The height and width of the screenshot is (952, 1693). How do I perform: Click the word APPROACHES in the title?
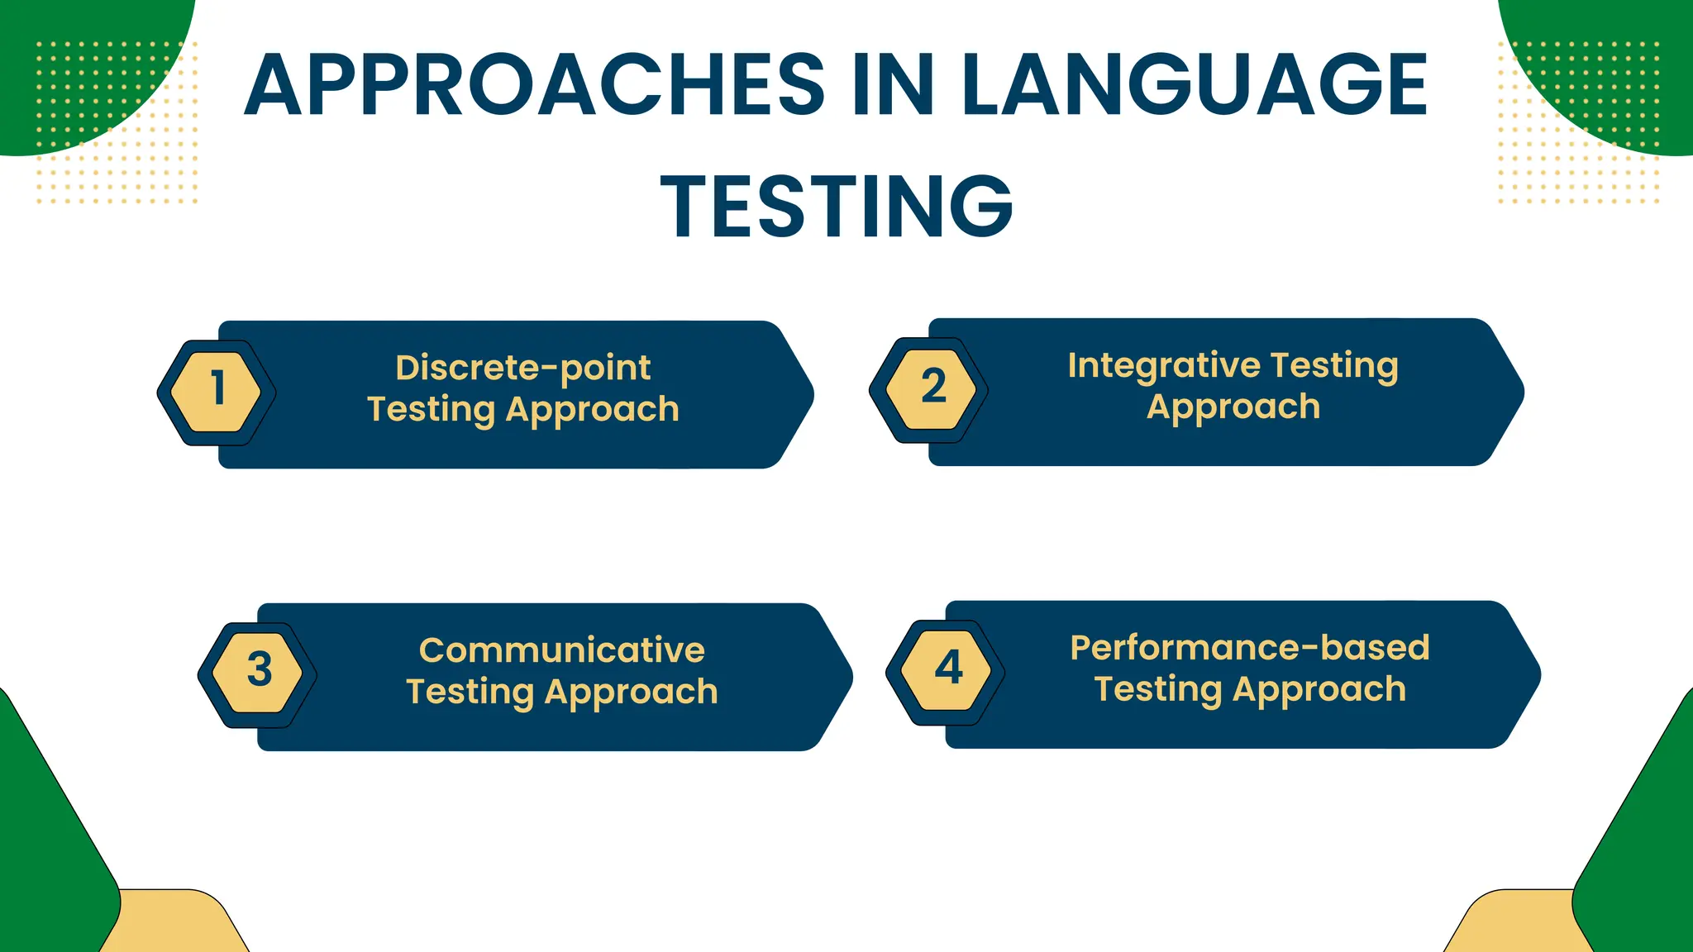[x=534, y=85]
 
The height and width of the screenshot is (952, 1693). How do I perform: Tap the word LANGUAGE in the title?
[x=1194, y=85]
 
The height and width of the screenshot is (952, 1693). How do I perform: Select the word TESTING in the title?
[x=837, y=207]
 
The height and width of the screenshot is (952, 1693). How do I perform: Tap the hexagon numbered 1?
[x=217, y=392]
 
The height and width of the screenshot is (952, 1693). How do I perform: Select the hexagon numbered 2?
[x=929, y=389]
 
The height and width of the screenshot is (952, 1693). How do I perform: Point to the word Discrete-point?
[x=522, y=368]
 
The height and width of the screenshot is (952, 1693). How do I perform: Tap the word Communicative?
[x=561, y=650]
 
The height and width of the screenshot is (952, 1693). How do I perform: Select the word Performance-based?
[x=1249, y=648]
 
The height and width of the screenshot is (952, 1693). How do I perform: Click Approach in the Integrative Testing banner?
[x=1233, y=407]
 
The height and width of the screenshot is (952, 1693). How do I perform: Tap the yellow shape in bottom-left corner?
[x=178, y=924]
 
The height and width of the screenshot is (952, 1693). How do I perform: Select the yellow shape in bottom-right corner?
[x=1517, y=924]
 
